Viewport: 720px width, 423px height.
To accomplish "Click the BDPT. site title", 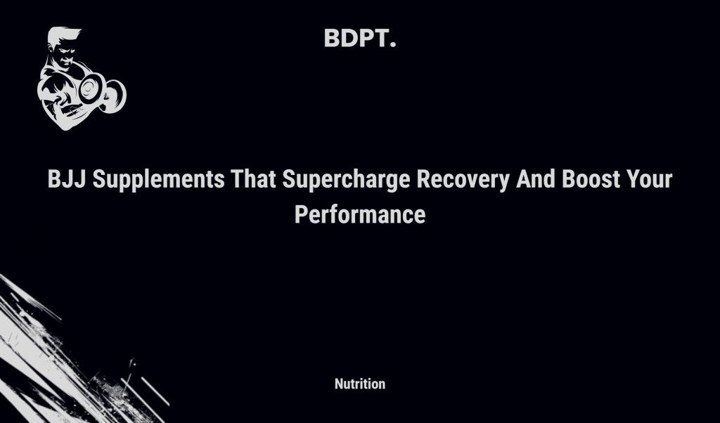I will [x=360, y=39].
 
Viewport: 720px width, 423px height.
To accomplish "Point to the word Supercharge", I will [x=347, y=180].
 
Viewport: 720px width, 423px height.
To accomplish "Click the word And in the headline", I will [x=536, y=180].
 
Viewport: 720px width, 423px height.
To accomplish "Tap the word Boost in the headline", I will [x=590, y=180].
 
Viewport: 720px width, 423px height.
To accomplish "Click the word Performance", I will [x=360, y=214].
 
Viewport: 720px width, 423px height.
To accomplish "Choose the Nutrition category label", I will [x=360, y=384].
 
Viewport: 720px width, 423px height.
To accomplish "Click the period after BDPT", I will [x=392, y=46].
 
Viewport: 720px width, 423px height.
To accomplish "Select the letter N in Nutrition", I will [x=339, y=384].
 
